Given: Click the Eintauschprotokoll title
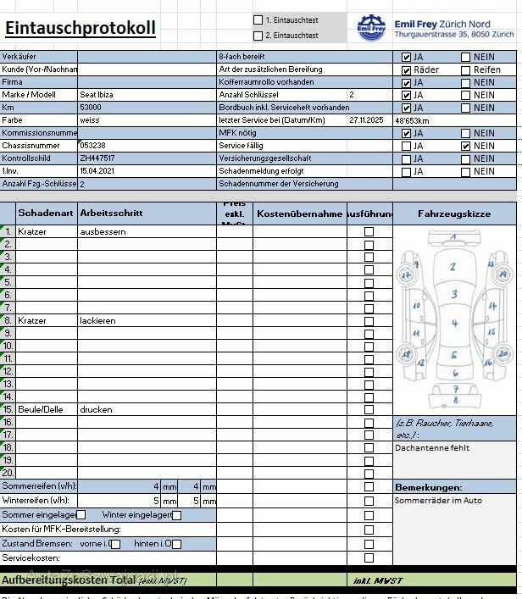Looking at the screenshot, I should click(x=81, y=28).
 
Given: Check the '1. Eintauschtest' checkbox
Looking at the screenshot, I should click(x=258, y=19).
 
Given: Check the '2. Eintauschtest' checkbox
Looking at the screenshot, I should click(x=258, y=36).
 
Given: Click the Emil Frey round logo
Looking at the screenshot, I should click(x=371, y=28).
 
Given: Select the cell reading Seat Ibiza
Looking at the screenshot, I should click(x=98, y=95).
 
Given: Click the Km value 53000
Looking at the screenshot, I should click(x=91, y=108).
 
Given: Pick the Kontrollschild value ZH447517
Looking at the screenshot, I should click(x=97, y=158).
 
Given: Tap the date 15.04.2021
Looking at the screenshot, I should click(x=97, y=171).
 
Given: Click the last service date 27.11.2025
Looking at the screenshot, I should click(x=366, y=120).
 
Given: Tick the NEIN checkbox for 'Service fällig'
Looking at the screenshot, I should click(x=466, y=146).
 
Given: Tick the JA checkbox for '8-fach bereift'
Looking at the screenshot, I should click(x=407, y=58).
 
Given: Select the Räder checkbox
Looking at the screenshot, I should click(x=407, y=69).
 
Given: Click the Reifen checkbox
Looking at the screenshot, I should click(x=466, y=69).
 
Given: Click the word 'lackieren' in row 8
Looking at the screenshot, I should click(x=97, y=320).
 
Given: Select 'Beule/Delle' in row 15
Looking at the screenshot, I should click(x=40, y=409).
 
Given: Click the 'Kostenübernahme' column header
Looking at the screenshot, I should click(x=299, y=214).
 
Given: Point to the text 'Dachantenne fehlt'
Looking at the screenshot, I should click(x=432, y=447).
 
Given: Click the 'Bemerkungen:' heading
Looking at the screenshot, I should click(x=429, y=487).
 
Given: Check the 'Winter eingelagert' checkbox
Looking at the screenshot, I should click(x=177, y=515).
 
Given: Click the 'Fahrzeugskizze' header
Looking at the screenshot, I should click(x=454, y=214).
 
